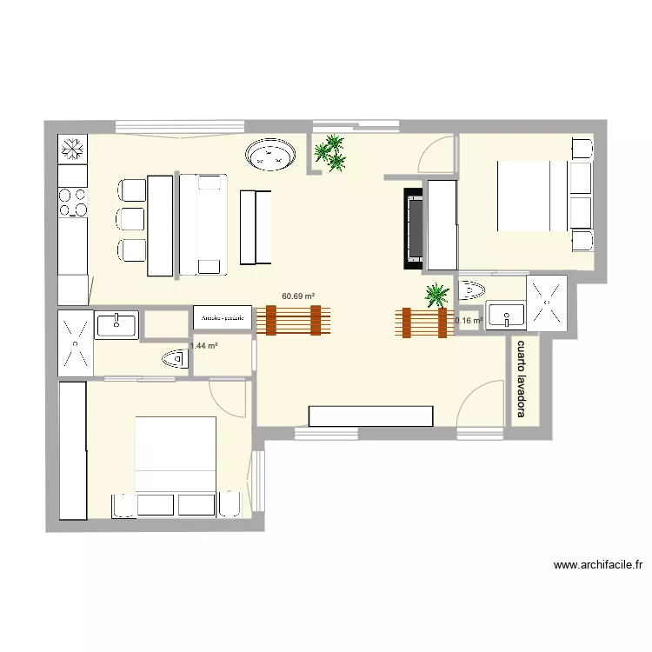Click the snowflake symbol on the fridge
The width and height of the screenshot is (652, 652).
(73, 150)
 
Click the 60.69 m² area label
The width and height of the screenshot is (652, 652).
(298, 296)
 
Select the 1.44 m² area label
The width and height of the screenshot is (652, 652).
(203, 346)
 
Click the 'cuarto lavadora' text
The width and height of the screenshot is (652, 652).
(522, 379)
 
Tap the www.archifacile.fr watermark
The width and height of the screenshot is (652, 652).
(597, 565)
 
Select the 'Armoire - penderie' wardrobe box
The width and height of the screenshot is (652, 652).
(223, 319)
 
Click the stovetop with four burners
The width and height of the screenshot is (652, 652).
(73, 202)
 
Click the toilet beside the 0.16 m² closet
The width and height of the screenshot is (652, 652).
(474, 288)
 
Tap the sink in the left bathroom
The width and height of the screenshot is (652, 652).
(116, 326)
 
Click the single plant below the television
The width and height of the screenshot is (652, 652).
(436, 296)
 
